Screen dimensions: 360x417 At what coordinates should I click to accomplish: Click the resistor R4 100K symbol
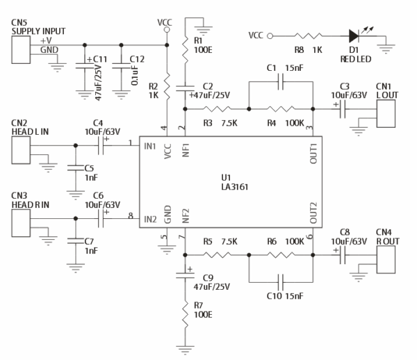(281, 108)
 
